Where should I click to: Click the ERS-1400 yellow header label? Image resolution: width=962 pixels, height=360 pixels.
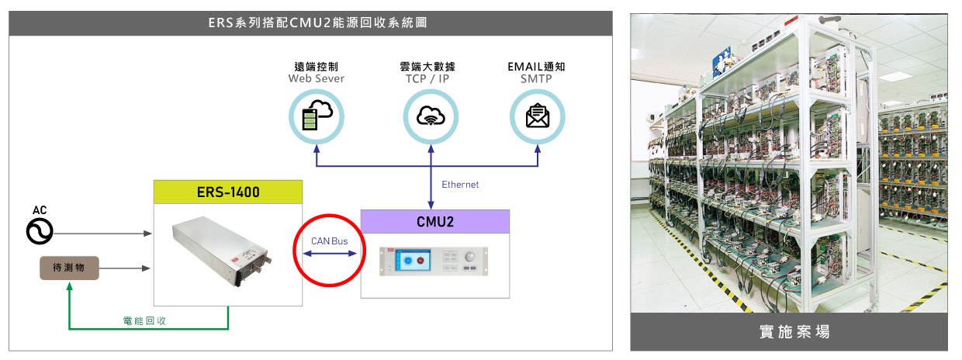[228, 192]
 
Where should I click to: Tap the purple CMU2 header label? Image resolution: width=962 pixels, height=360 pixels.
[435, 222]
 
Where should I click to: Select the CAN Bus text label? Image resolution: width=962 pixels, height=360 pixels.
[330, 241]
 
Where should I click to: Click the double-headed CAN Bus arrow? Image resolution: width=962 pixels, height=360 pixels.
[330, 254]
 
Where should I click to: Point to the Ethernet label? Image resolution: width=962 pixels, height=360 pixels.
[460, 185]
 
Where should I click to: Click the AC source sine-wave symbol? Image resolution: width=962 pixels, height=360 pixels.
[40, 231]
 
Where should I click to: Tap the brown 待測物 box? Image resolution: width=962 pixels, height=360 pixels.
[69, 268]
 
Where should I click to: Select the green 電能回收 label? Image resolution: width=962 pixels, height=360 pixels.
[144, 320]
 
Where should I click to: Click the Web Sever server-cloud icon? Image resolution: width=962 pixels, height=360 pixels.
[317, 116]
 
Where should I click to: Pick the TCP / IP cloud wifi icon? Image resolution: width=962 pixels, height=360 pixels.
[431, 116]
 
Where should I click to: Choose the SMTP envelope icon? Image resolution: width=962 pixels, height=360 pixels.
[538, 116]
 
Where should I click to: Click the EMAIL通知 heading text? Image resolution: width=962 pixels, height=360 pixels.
[536, 67]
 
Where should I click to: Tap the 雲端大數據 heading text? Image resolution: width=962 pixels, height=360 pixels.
[427, 67]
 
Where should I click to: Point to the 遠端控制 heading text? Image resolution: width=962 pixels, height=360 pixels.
[317, 67]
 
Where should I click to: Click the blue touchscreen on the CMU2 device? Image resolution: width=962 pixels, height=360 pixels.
[414, 261]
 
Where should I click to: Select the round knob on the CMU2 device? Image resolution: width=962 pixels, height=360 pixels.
[470, 257]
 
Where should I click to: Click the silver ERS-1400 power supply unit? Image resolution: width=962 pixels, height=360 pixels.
[222, 251]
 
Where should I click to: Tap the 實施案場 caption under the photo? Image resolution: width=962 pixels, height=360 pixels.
[794, 331]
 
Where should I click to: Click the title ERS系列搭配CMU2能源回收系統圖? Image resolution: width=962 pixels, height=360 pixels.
[318, 22]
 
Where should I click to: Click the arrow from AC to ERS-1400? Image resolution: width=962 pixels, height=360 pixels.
[102, 234]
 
